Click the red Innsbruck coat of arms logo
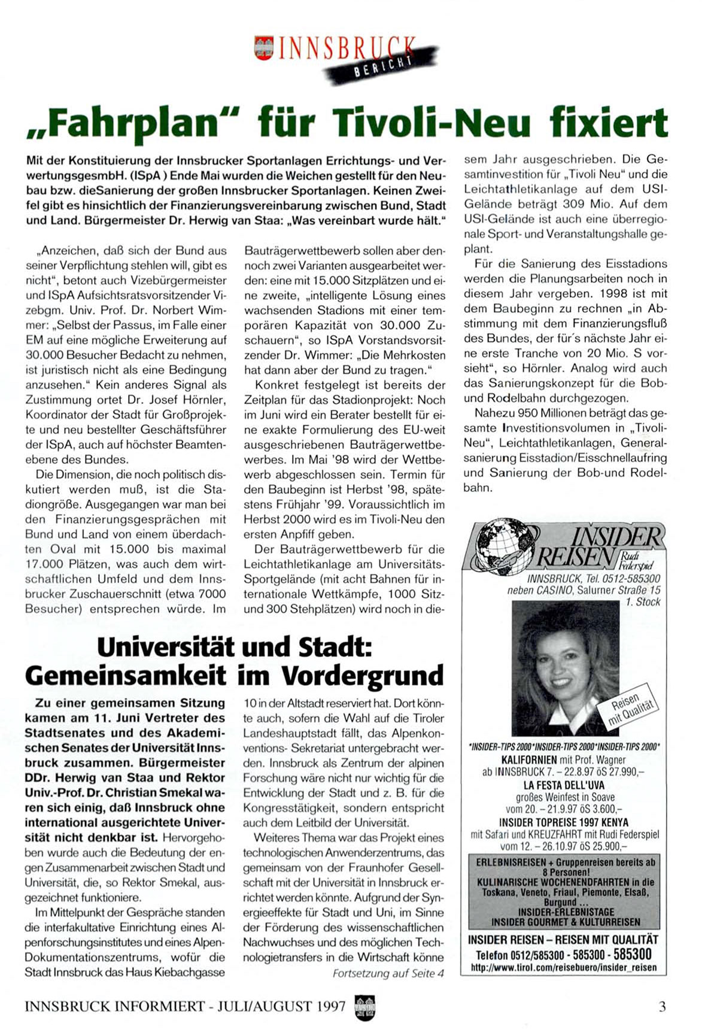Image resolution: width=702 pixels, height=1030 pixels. point(263,47)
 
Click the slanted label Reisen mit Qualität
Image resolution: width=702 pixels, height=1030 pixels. point(631,710)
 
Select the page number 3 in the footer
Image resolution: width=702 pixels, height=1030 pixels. point(662,1006)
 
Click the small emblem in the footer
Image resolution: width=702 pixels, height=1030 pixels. point(363,1005)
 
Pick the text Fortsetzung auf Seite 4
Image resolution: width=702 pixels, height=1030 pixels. point(388,974)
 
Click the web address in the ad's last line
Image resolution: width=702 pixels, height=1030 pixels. point(563,967)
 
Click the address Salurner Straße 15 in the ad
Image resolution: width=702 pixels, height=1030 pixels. point(619,590)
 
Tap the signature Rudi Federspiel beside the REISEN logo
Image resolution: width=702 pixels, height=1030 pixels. point(637,560)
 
